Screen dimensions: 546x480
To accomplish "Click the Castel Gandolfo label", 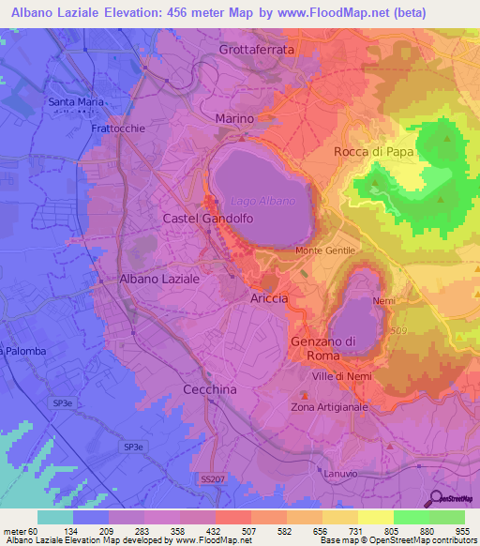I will pos(208,218).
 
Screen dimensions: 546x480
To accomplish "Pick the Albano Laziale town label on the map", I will pos(159,280).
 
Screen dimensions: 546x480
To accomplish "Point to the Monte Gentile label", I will pos(325,251).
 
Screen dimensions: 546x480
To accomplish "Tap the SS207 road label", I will pos(213,479).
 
